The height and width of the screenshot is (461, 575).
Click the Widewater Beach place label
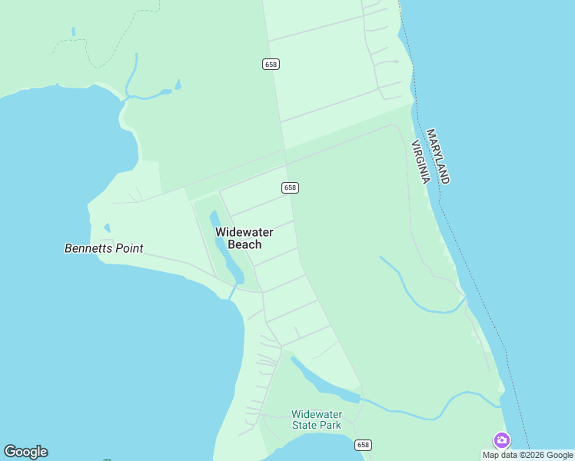click(244, 238)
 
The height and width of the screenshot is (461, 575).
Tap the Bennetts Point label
click(104, 248)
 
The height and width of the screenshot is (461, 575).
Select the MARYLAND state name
click(437, 156)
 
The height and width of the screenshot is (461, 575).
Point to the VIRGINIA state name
click(420, 162)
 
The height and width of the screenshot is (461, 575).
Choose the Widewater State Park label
click(316, 420)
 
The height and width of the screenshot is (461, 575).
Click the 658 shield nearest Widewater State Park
click(364, 445)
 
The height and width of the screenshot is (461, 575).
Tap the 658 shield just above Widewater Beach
click(290, 187)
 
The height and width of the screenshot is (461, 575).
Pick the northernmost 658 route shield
click(270, 64)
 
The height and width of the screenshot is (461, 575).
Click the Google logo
click(25, 452)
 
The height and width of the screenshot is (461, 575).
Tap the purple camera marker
click(501, 440)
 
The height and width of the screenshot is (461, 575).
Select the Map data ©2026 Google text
click(528, 455)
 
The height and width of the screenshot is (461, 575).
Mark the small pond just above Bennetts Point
click(106, 228)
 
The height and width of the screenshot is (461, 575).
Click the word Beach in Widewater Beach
click(244, 245)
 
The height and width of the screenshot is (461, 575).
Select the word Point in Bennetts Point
click(129, 248)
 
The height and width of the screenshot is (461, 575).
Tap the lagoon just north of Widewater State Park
click(323, 382)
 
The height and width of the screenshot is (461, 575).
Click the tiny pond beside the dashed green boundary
click(73, 32)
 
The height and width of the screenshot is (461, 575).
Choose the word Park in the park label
click(331, 425)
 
